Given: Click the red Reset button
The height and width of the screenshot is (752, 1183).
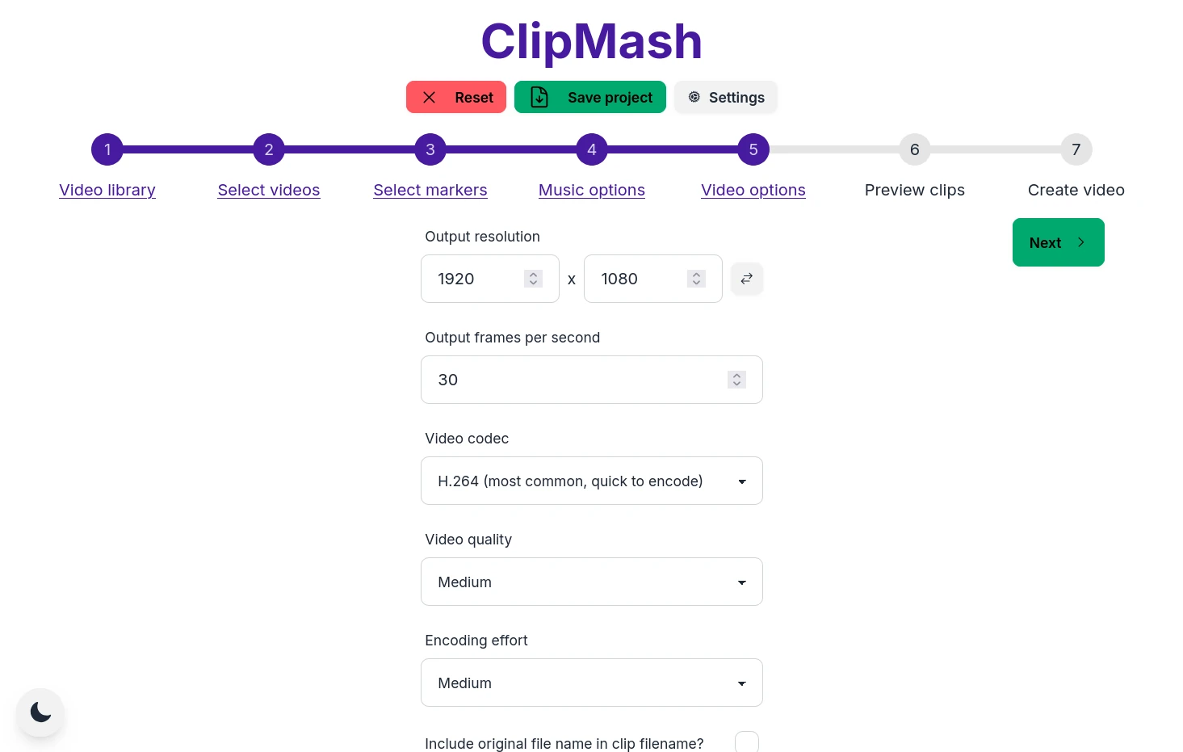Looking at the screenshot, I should (455, 97).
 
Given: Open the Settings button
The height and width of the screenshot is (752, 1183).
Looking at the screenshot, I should (725, 97).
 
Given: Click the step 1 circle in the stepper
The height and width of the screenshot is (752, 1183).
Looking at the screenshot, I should (107, 149).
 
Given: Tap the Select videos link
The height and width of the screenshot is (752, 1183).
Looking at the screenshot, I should (269, 190).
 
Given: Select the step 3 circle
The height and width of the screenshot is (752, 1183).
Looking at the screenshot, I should (430, 149).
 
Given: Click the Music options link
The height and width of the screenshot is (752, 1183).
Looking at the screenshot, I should (592, 190).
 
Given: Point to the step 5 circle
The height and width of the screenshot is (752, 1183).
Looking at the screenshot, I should (753, 149).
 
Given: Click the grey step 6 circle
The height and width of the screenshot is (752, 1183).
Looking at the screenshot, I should (915, 149).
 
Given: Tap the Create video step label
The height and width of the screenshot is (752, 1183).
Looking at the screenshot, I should (1076, 190).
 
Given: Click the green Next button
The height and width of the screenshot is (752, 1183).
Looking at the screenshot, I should (1058, 242).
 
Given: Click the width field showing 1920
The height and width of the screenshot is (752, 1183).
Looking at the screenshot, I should (476, 279).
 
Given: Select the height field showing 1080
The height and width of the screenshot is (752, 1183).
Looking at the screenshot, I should (640, 279).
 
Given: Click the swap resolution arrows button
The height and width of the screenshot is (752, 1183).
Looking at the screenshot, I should (747, 279).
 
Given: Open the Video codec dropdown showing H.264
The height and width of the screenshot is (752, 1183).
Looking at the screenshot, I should (591, 481).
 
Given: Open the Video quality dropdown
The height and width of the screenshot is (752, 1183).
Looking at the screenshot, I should (591, 582).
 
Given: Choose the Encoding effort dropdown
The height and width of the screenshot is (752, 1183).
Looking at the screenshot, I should (591, 683).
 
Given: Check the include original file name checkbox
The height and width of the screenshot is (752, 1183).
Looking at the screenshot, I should (747, 742).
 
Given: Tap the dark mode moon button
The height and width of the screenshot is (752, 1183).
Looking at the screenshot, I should (40, 712).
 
